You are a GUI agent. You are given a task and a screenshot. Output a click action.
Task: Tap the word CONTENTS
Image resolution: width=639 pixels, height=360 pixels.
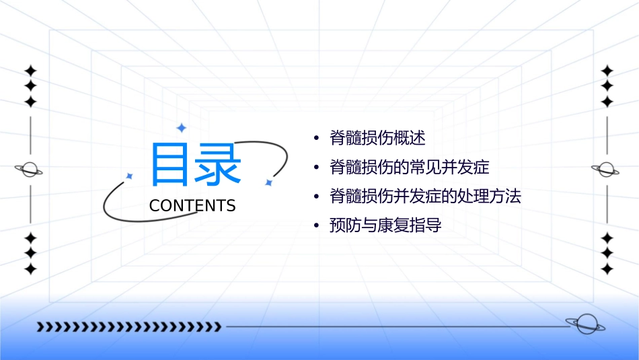[x=192, y=205]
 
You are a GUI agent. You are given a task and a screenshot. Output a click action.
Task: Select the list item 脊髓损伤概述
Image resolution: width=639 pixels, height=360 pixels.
[x=377, y=138]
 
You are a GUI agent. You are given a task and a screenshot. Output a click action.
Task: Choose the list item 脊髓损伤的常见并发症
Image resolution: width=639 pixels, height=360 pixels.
[x=409, y=167]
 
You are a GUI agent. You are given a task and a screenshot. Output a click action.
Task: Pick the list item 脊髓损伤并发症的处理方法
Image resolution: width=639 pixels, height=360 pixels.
[x=425, y=196]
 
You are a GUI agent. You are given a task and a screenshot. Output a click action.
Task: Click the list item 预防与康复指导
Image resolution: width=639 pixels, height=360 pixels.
[x=385, y=225]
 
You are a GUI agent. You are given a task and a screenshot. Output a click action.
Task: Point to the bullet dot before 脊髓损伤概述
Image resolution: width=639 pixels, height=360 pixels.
[x=316, y=139]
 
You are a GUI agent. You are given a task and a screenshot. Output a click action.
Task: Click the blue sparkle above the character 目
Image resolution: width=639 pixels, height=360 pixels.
[x=181, y=128]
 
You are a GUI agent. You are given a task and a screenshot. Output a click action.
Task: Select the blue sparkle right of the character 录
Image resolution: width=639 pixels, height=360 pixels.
[x=268, y=182]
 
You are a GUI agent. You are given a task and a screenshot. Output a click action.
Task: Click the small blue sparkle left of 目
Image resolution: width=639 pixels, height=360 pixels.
[x=130, y=176]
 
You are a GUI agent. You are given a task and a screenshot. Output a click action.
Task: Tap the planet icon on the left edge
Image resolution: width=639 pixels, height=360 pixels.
[x=30, y=170]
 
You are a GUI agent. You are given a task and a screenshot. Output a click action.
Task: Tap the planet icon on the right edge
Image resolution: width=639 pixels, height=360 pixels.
[x=607, y=170]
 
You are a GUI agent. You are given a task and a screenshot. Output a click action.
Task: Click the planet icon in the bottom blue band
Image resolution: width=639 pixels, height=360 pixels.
[x=585, y=324]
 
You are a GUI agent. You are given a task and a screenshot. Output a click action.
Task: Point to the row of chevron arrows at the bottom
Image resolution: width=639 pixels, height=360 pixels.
[x=128, y=327]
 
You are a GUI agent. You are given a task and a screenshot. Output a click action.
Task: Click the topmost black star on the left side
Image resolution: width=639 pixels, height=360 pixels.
[x=30, y=70]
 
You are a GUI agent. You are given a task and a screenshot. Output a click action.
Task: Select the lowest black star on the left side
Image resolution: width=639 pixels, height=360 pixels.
[x=30, y=268]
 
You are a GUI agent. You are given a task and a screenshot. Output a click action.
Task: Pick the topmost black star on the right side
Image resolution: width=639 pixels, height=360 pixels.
[x=607, y=70]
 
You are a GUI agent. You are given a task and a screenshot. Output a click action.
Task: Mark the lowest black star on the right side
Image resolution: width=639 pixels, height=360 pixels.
[x=607, y=268]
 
